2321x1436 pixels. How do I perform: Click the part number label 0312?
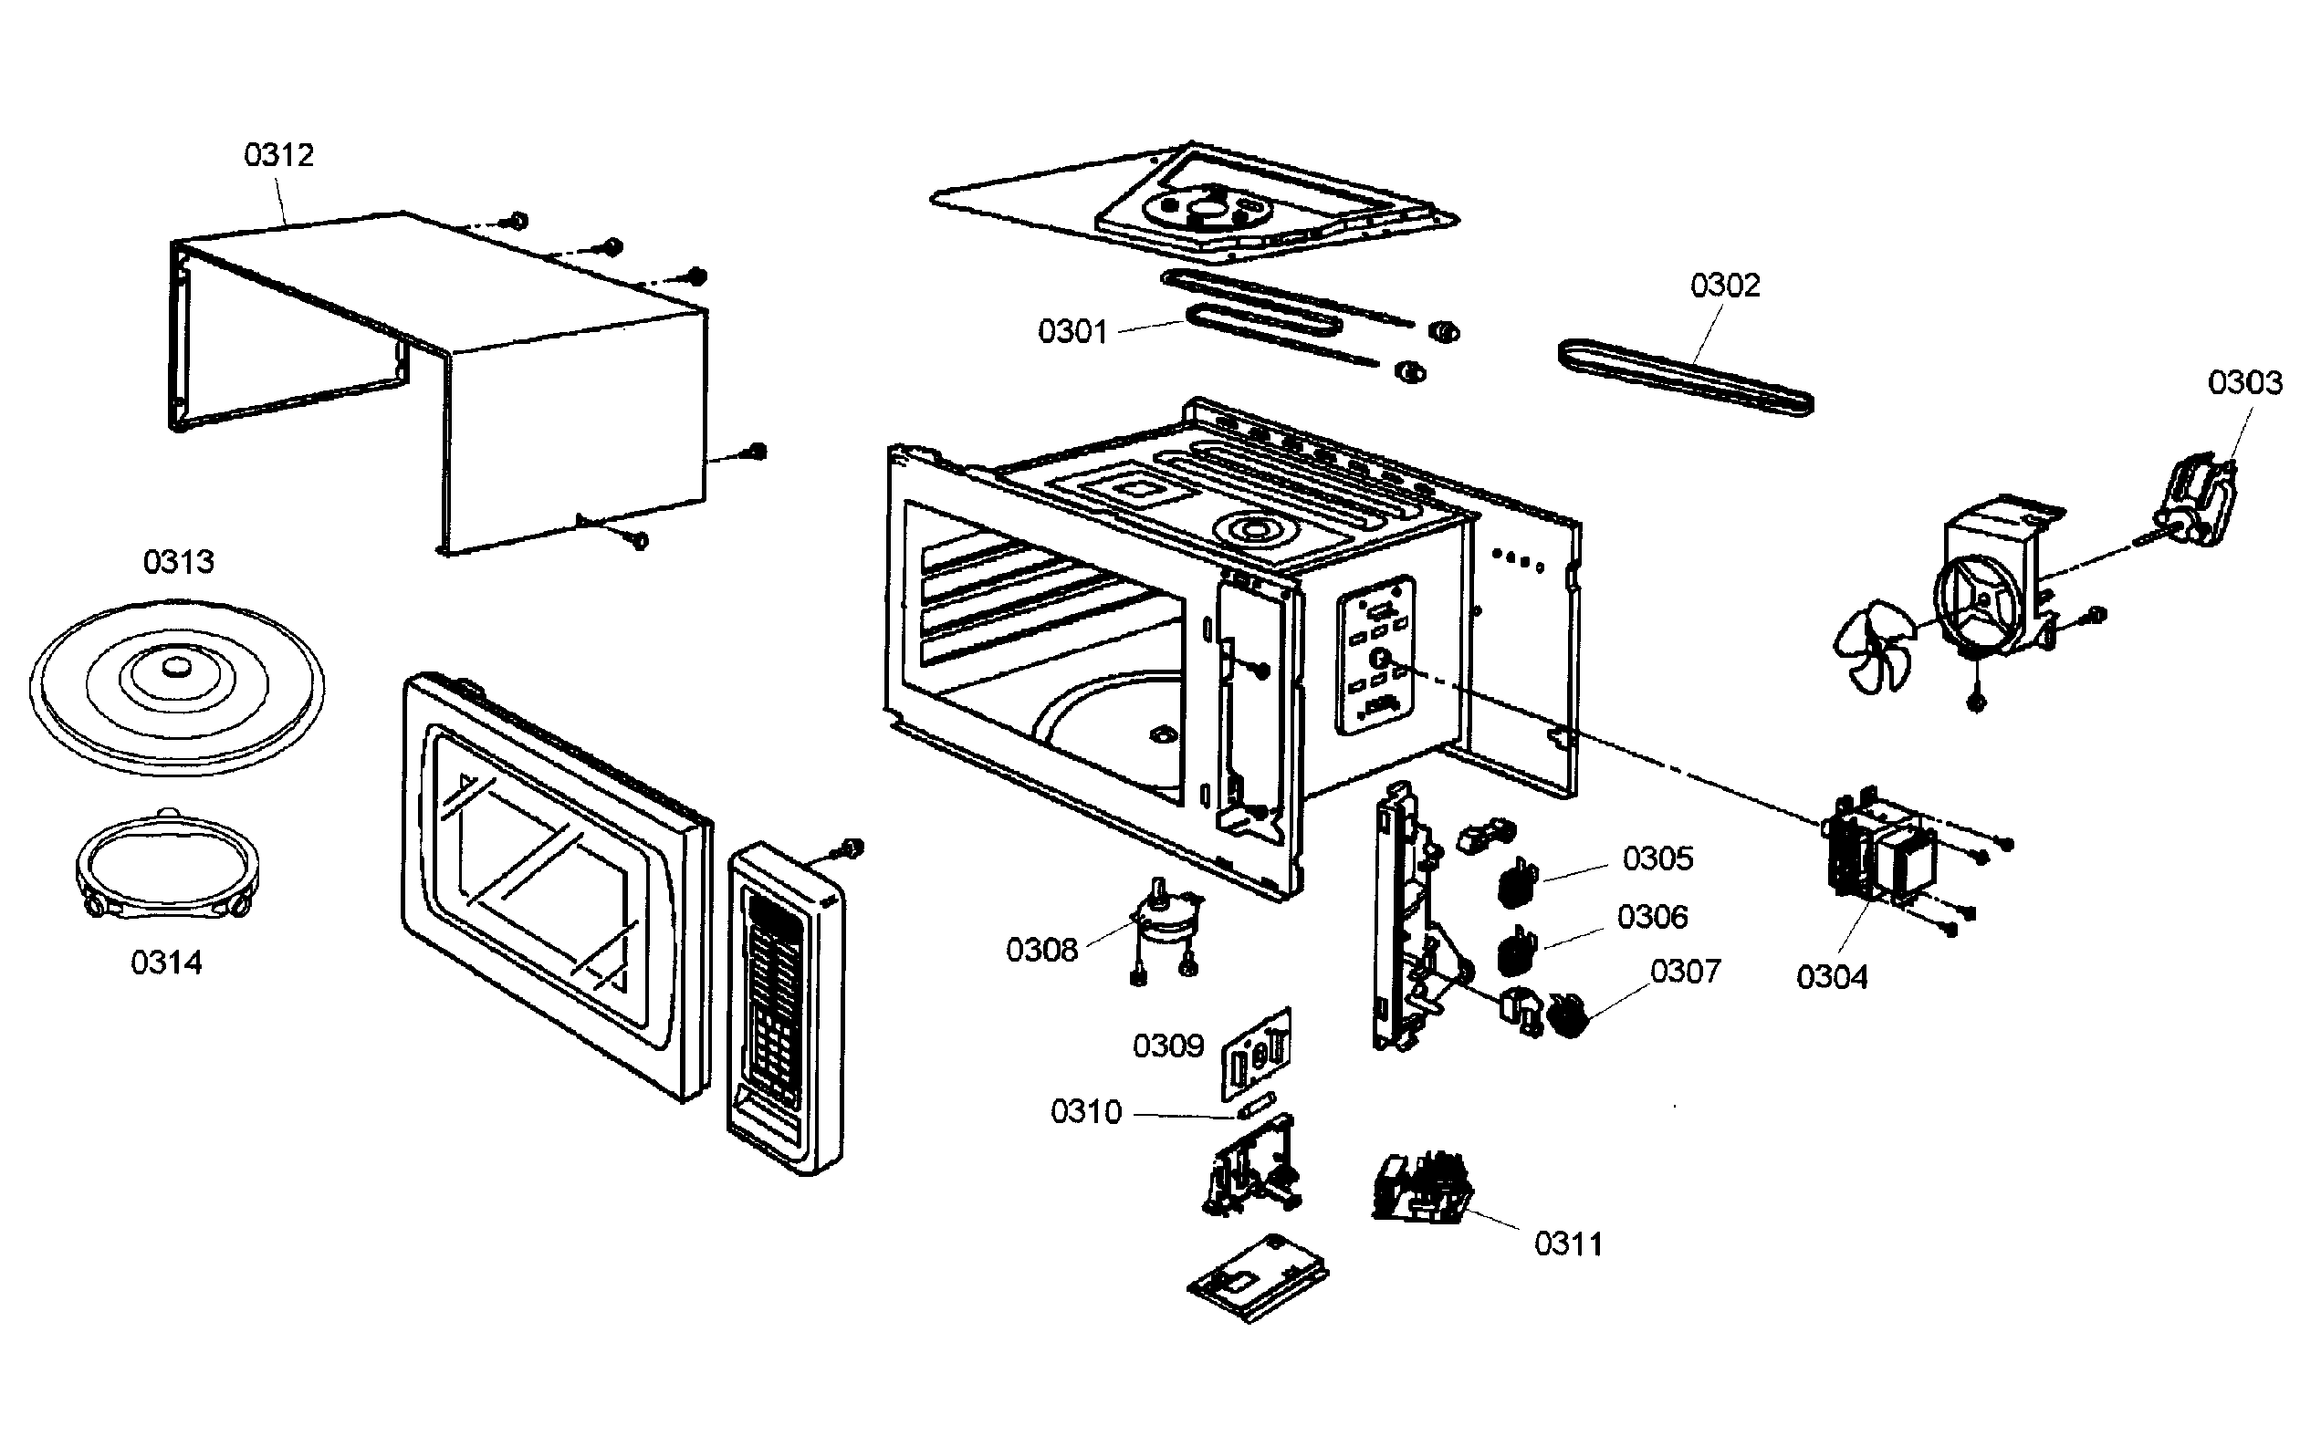pos(278,155)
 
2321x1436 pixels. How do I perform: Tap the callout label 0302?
pos(1724,285)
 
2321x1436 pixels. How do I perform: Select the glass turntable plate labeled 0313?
pos(177,686)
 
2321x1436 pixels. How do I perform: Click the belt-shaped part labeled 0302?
pos(1687,377)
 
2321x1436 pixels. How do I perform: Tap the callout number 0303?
pos(2244,383)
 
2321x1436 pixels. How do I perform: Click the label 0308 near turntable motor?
pos(1041,949)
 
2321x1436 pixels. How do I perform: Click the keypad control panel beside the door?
pos(785,1006)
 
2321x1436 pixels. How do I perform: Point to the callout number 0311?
pos(1569,1244)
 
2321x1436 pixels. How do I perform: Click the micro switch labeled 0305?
pos(1518,883)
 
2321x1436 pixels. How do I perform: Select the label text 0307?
pos(1686,972)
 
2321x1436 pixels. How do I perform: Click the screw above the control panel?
pos(852,847)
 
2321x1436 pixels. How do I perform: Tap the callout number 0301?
pos(1072,331)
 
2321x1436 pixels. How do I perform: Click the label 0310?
pos(1086,1112)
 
